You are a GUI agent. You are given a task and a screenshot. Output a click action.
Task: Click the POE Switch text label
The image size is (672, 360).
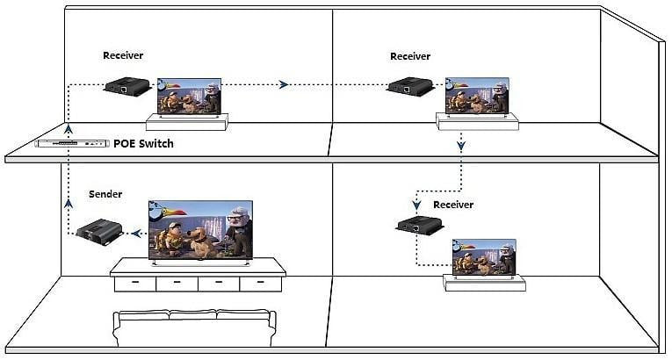click(143, 143)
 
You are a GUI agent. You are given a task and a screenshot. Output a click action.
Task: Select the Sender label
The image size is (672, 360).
click(105, 193)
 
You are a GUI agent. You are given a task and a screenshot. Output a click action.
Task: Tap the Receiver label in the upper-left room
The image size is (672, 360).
click(123, 55)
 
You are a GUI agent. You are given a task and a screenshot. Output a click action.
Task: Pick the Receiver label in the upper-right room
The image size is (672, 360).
click(410, 56)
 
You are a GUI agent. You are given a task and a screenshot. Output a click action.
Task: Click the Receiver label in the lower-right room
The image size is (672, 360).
click(453, 205)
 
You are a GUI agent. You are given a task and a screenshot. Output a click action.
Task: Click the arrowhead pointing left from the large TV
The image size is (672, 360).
click(134, 233)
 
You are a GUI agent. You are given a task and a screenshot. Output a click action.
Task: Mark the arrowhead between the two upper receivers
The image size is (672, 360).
click(283, 84)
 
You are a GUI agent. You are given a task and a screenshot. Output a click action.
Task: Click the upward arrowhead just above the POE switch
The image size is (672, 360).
click(69, 128)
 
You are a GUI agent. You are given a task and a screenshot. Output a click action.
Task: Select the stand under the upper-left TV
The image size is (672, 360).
click(191, 122)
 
